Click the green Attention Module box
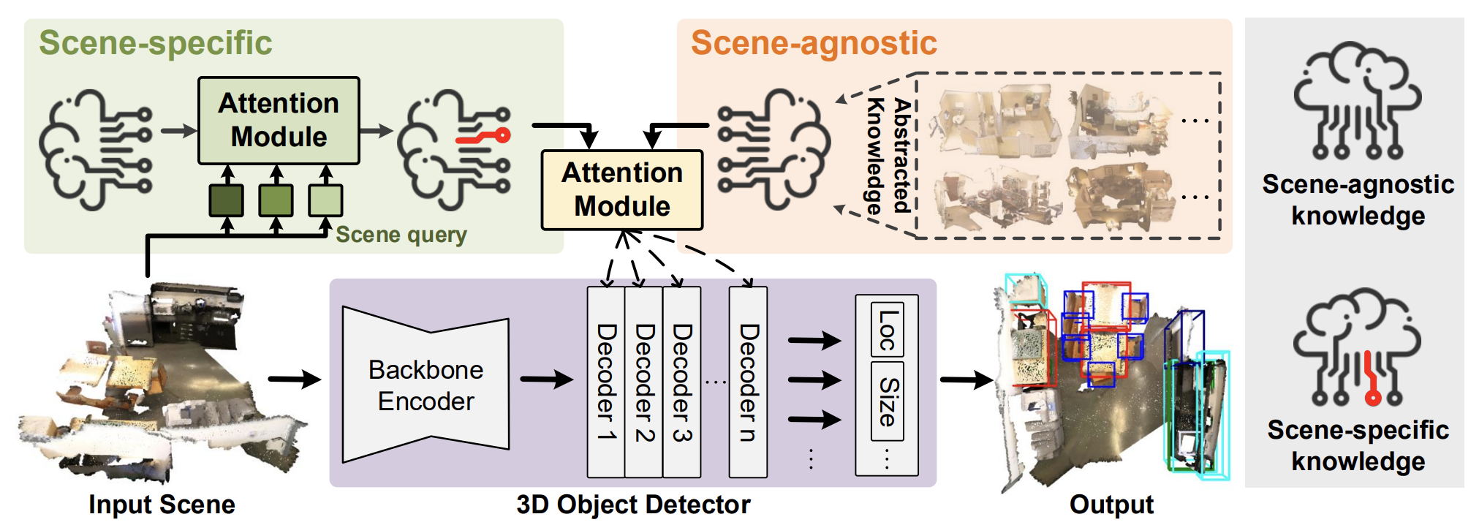pos(279,121)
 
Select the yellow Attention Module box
pos(621,190)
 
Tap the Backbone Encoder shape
pos(425,385)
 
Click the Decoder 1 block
pos(606,382)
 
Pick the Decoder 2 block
pos(644,382)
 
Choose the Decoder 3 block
pos(682,382)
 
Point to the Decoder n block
pos(749,382)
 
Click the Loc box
pos(887,330)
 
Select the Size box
pos(887,401)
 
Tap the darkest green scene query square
pos(227,201)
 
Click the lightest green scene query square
pos(325,201)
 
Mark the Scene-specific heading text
pos(156,43)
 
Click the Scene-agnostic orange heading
pos(814,43)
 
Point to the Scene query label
pos(401,235)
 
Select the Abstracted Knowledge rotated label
pos(889,156)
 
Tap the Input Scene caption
pos(162,505)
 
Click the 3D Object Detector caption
pos(633,505)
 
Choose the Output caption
pos(1111,505)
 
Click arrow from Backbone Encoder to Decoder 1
pos(547,379)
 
